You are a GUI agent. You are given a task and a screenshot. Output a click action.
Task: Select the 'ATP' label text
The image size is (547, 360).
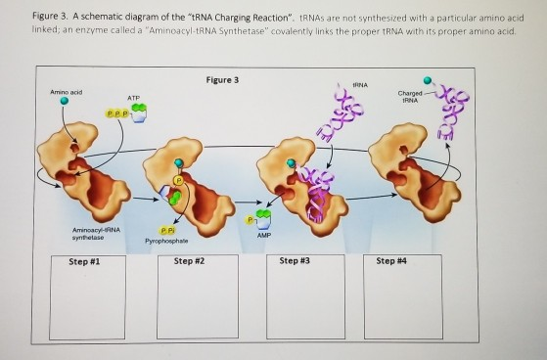coord(133,97)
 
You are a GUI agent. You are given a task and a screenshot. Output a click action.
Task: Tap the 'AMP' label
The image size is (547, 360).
coord(262,235)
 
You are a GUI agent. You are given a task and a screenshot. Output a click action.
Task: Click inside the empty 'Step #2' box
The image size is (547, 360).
coord(193,299)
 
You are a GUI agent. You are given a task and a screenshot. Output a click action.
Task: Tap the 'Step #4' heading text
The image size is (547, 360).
coord(389,261)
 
